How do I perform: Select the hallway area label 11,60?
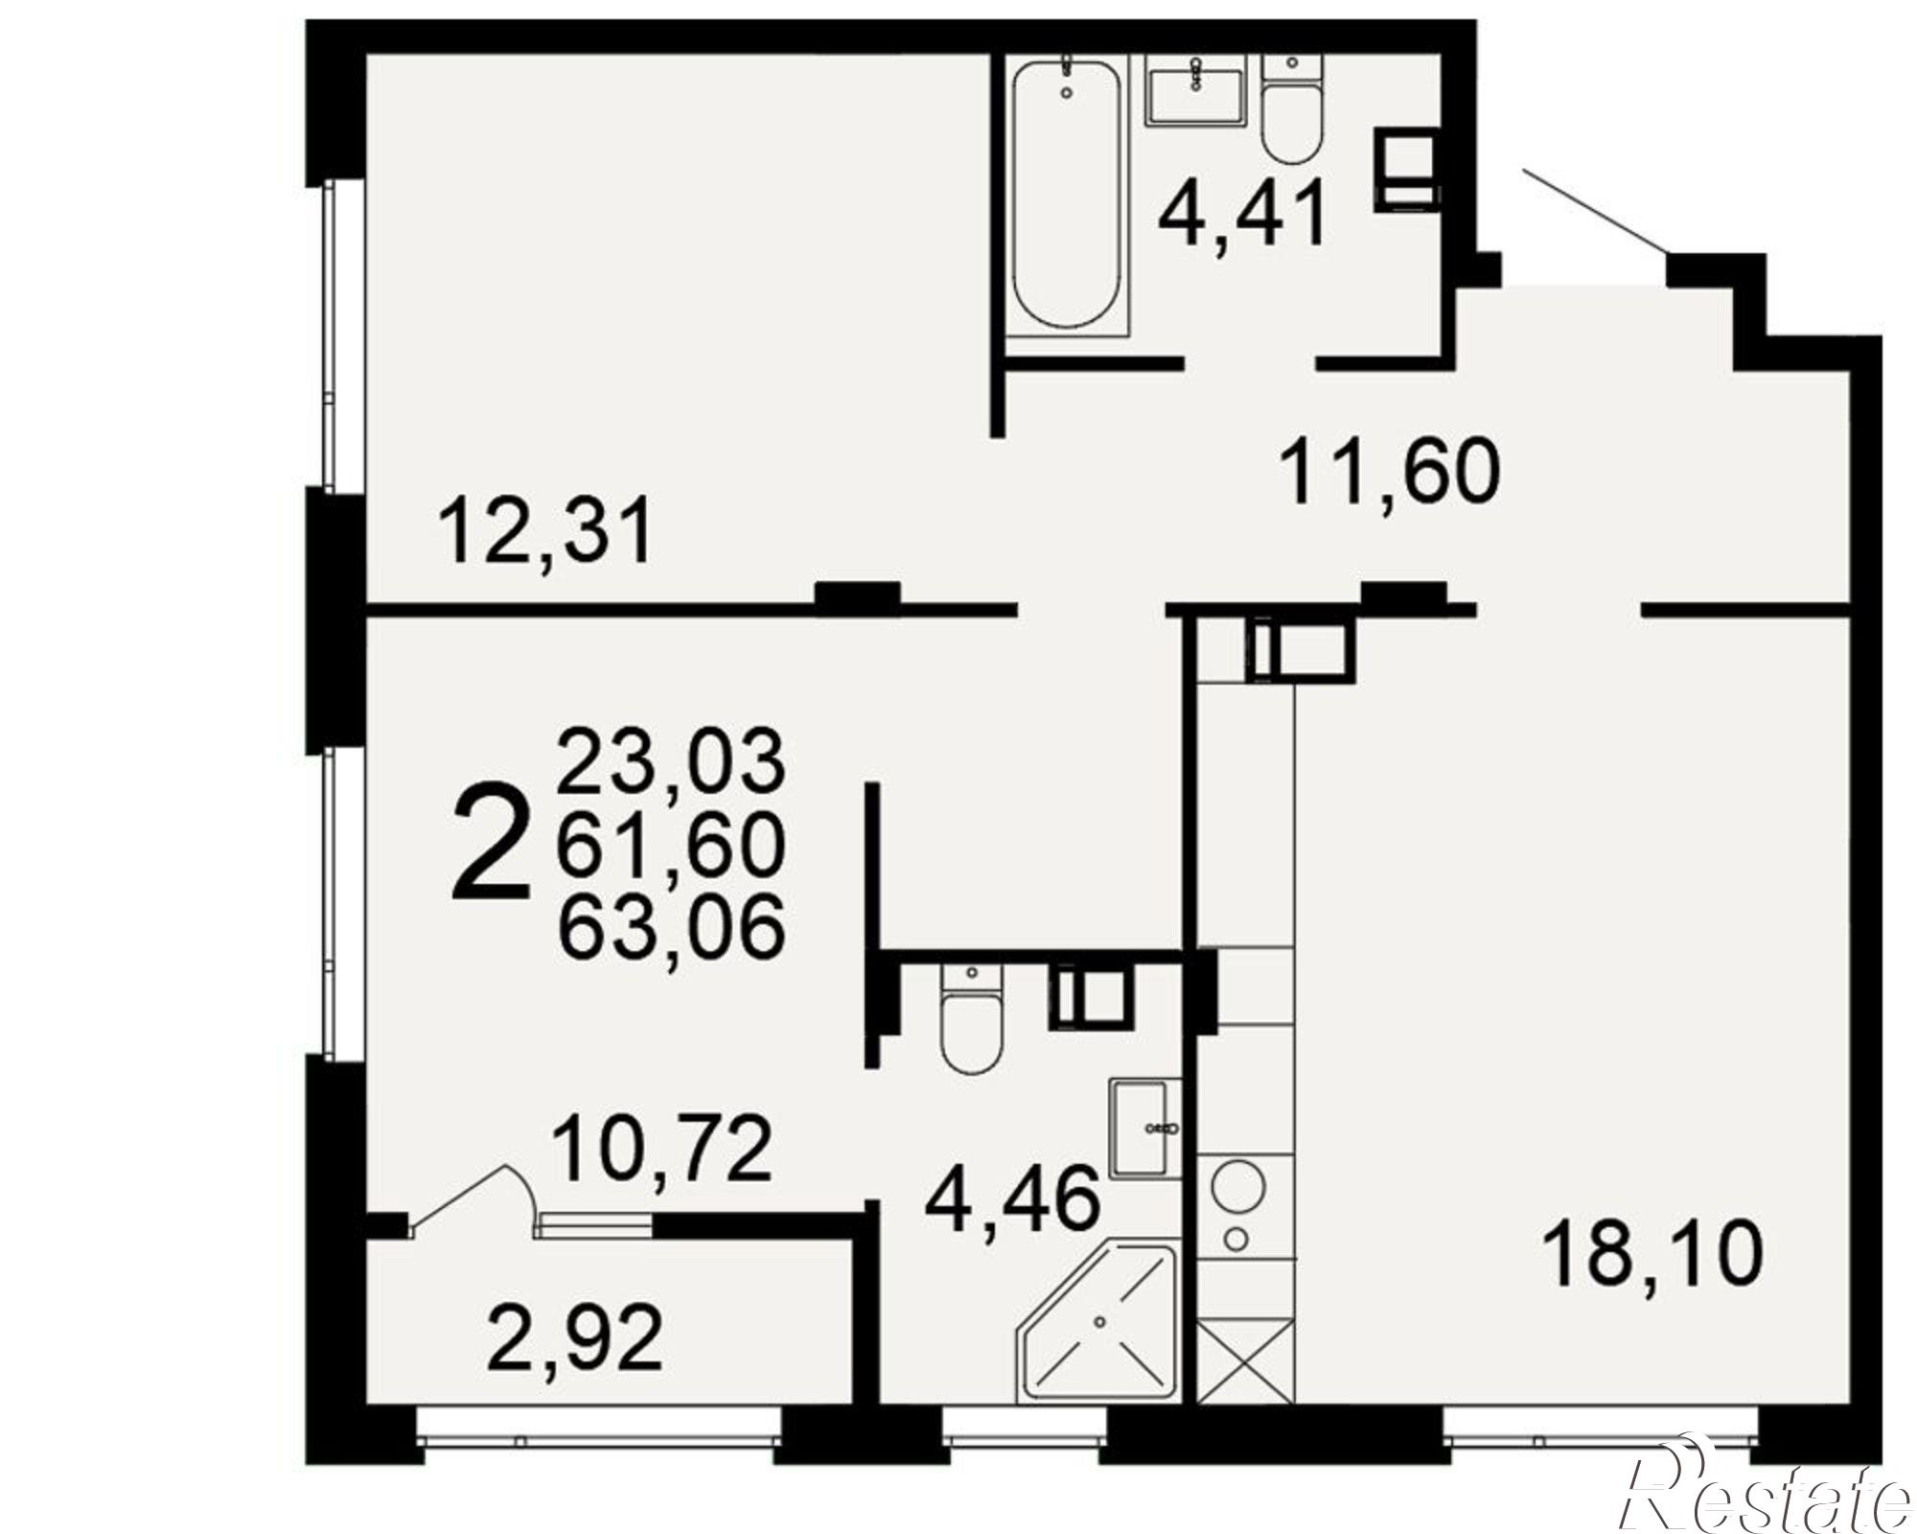tap(1389, 471)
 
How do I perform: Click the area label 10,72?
tap(662, 1150)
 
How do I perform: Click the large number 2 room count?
tap(490, 843)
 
